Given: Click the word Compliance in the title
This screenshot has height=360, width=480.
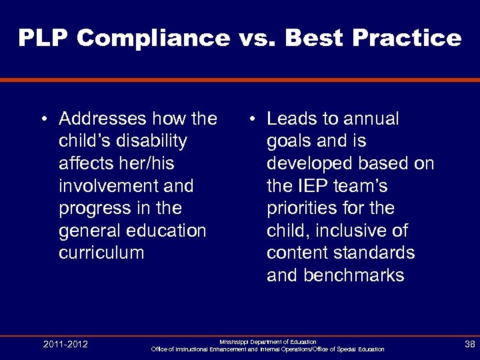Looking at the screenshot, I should click(153, 38).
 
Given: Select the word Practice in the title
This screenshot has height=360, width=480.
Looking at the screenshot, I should click(413, 38).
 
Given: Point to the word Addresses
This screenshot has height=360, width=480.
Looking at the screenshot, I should click(102, 119).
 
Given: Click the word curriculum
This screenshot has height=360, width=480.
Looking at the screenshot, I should click(101, 253).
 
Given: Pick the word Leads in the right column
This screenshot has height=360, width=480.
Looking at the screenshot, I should click(293, 119).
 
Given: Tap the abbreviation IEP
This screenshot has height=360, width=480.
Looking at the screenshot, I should click(313, 186).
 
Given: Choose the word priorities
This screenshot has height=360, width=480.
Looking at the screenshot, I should click(301, 209).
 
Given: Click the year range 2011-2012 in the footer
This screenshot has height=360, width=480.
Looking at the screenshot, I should click(65, 345).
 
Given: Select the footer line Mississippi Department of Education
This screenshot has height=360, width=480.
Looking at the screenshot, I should click(268, 341).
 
